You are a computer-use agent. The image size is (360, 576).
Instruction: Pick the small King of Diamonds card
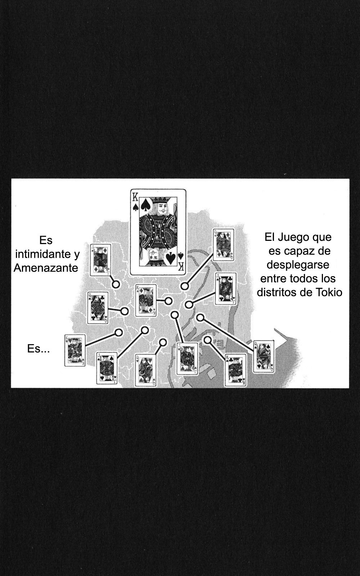(x=145, y=300)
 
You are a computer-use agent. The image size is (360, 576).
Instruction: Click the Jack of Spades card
(x=107, y=368)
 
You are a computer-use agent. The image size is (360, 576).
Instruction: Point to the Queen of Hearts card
(x=145, y=370)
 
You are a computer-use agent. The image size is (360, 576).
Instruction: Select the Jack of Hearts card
(x=188, y=359)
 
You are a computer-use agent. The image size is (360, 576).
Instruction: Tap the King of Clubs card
(x=235, y=370)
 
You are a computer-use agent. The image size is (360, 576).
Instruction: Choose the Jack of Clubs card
(x=226, y=288)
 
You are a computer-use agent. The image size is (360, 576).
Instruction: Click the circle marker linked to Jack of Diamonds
(x=116, y=284)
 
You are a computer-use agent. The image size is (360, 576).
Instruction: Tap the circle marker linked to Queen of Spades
(x=200, y=317)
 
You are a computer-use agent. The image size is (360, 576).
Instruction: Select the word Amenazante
(x=46, y=268)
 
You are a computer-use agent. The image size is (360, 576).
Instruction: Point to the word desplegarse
(x=298, y=265)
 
